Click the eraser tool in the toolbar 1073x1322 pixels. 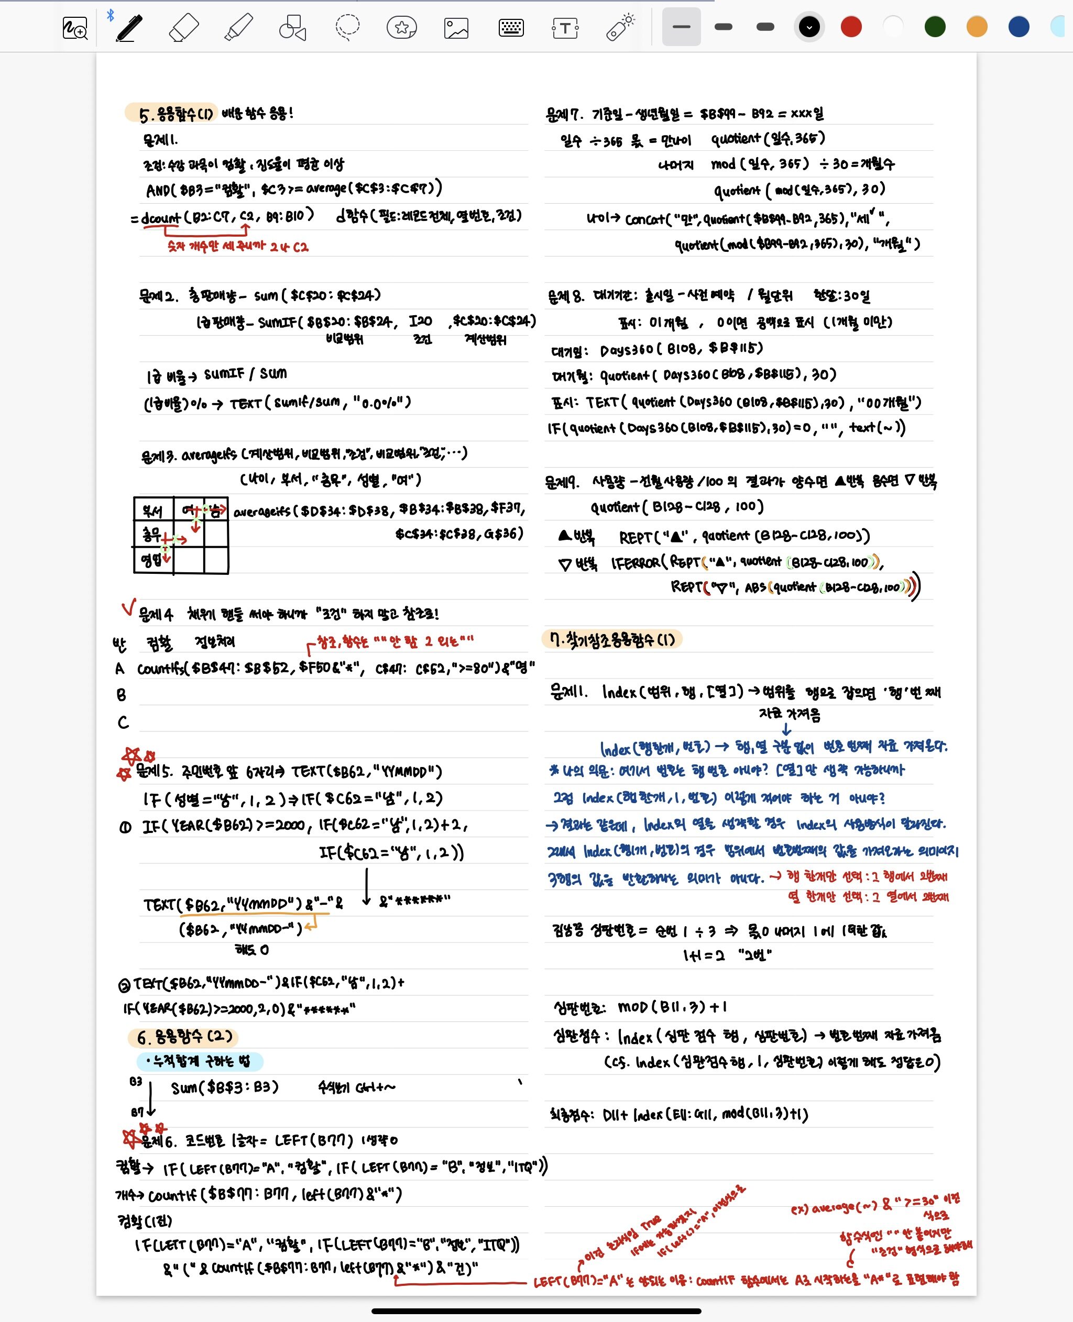click(183, 28)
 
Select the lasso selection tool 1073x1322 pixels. click(347, 28)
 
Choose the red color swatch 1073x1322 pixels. click(851, 27)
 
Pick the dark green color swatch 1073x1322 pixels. click(935, 27)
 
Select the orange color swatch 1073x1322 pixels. click(977, 27)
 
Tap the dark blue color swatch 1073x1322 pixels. click(1019, 27)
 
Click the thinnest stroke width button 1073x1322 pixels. click(681, 27)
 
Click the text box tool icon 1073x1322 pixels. click(565, 28)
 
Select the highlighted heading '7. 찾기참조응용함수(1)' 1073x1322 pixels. click(612, 639)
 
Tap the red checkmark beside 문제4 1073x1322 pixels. click(128, 607)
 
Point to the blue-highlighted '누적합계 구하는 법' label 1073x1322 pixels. click(200, 1061)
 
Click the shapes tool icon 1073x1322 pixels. click(293, 28)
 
